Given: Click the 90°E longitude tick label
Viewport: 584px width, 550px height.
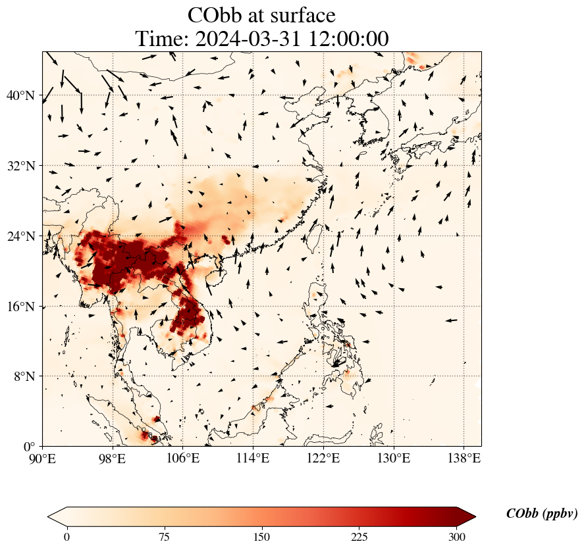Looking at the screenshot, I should pos(43,458).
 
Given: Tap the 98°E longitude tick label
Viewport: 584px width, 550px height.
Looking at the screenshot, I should pos(113,458).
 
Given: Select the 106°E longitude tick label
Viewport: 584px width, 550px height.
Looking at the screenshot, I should pos(183,458).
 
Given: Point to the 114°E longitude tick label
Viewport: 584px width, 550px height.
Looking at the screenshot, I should pos(253,458).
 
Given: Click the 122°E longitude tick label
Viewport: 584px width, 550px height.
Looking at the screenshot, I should pos(323,458).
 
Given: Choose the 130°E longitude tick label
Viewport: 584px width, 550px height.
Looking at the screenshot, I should pos(393,458).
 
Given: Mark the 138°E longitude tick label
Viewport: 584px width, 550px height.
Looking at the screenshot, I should pos(464,458).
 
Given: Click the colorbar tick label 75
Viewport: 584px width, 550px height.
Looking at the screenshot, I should pos(164,537).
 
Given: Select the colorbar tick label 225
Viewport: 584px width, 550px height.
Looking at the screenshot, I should pos(359,537).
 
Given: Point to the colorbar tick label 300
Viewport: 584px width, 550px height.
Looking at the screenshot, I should pos(457,537).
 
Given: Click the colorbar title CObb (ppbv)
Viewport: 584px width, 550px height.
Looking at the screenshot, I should pos(542,514).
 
